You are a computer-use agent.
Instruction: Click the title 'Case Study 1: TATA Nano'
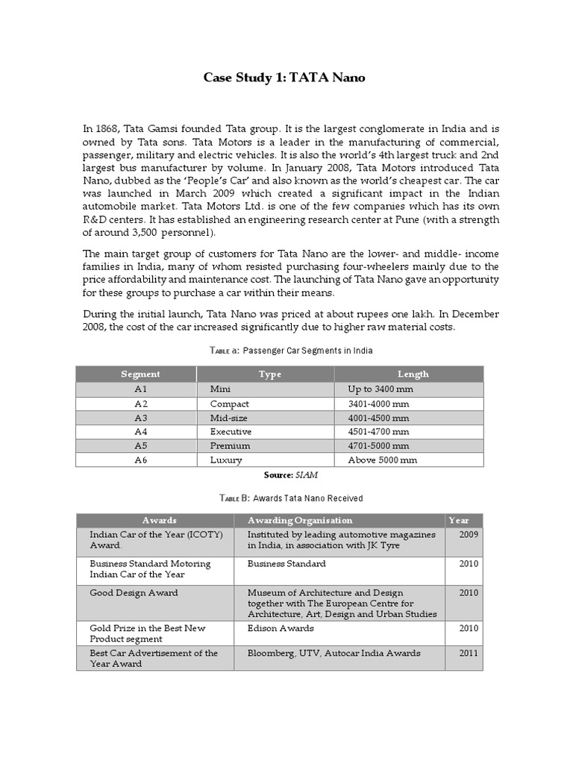tap(284, 78)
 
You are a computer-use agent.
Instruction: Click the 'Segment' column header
tap(140, 374)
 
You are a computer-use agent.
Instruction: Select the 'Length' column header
tap(413, 374)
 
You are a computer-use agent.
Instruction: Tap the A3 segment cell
tap(141, 418)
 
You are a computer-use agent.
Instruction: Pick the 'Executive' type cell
tap(231, 431)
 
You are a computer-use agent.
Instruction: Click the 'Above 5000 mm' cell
tap(382, 460)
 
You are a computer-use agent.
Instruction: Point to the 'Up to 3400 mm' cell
tap(380, 389)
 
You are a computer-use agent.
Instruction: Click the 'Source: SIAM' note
tap(286, 475)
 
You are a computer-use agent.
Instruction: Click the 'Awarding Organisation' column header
tap(299, 520)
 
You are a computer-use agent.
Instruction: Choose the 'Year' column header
tap(458, 520)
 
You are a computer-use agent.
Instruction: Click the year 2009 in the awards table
tap(469, 534)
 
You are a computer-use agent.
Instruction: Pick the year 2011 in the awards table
tap(469, 653)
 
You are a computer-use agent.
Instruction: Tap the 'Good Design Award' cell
tap(134, 592)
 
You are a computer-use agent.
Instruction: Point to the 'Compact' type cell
tap(229, 404)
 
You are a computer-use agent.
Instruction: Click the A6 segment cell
tap(141, 460)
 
